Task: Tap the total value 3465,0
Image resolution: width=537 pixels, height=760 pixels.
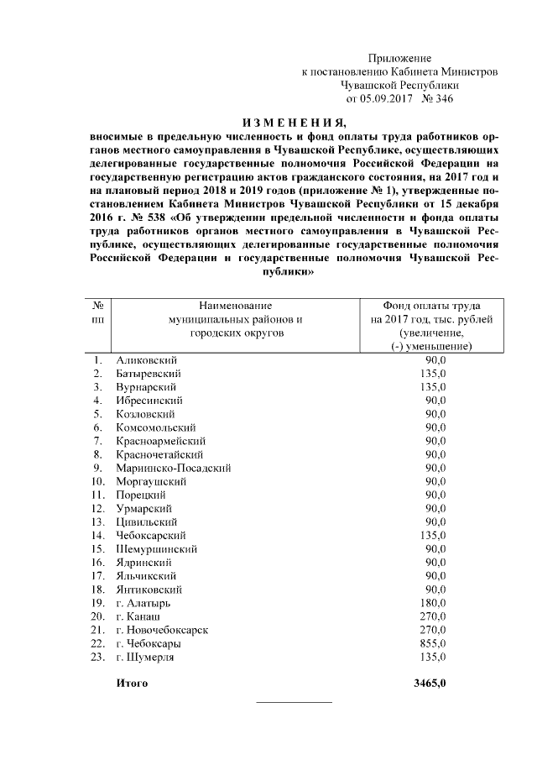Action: [x=430, y=684]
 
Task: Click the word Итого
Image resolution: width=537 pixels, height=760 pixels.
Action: [x=133, y=684]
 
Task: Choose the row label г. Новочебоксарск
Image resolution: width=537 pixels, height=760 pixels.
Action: [x=162, y=630]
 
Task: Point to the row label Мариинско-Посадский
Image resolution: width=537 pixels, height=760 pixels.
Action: [x=174, y=468]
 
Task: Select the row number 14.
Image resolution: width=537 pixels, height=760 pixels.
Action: [x=98, y=535]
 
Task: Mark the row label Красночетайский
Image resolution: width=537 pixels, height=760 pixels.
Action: [x=159, y=454]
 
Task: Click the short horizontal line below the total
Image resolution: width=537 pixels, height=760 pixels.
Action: [x=293, y=700]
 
